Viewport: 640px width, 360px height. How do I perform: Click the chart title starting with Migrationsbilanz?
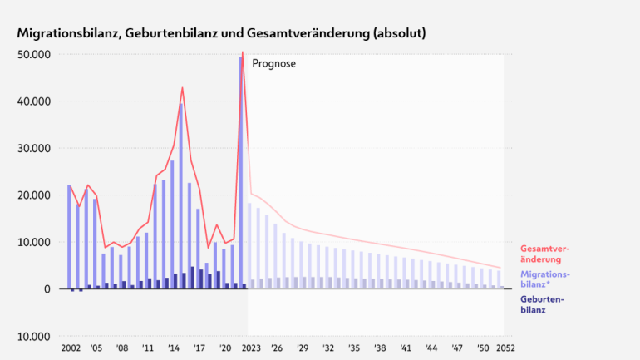pos(222,33)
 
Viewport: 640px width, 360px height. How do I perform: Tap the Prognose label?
pos(273,63)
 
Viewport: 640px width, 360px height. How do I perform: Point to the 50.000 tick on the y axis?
pos(35,54)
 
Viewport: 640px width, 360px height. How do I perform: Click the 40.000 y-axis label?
pos(35,101)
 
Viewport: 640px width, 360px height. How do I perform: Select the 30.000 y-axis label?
pos(35,148)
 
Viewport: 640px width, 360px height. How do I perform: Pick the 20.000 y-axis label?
pos(35,195)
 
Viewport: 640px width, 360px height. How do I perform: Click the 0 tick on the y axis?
pos(48,289)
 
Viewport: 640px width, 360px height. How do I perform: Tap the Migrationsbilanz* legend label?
pos(545,278)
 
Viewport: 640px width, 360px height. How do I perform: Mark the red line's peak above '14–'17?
pos(182,88)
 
